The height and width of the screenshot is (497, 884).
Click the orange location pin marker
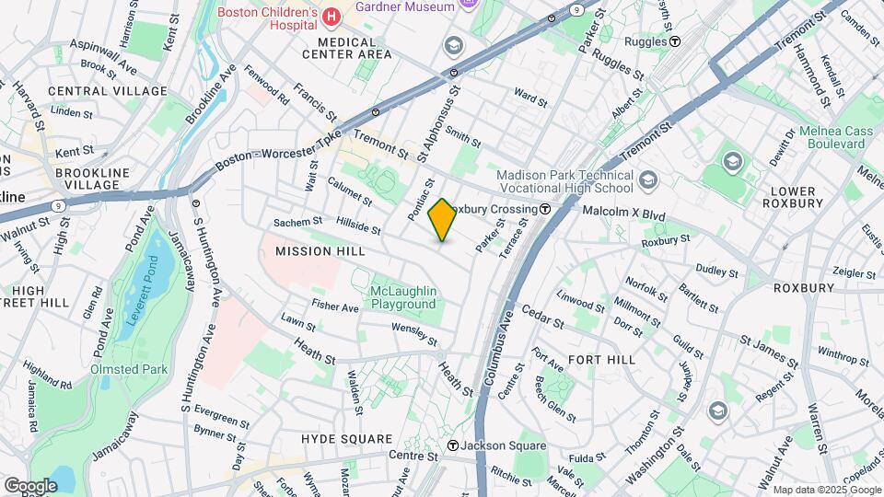442,220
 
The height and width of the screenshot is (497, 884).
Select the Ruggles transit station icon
675,41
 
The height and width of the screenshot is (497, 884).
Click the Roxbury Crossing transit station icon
545,209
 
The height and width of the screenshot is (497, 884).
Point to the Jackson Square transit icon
452,445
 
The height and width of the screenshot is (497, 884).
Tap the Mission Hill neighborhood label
320,251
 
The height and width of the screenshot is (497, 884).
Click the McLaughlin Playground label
402,298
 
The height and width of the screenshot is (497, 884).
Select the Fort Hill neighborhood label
602,359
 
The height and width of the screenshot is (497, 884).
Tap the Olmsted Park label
127,369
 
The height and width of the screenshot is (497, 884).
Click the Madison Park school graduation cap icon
647,179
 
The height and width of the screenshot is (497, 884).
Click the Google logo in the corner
29,485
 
